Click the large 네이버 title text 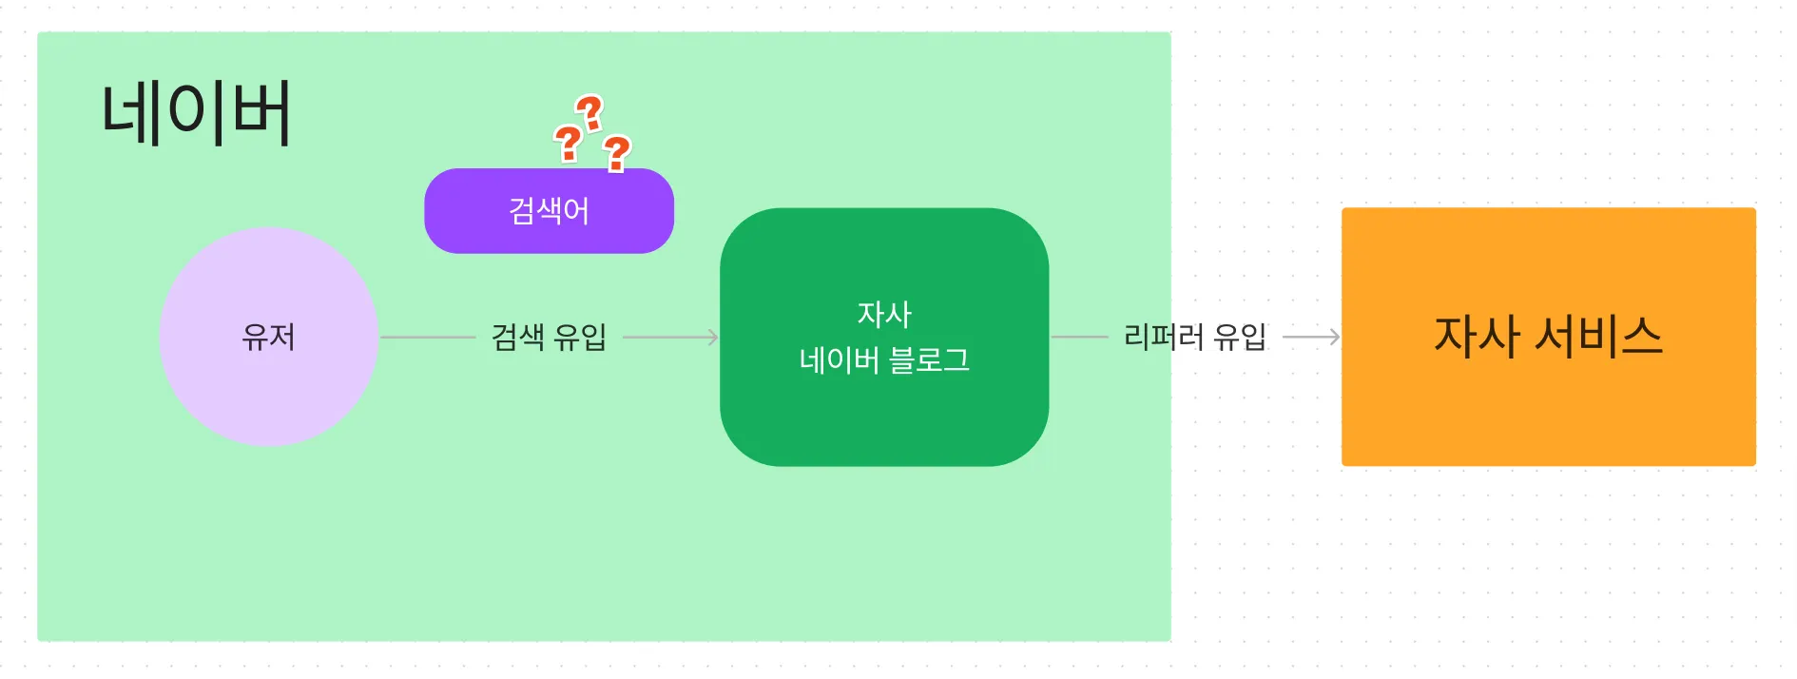coord(196,113)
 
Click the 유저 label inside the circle coord(269,337)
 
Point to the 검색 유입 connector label coord(549,337)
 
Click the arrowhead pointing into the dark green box coord(712,337)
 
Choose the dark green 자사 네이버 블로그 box coord(884,418)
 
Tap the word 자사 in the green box coord(884,314)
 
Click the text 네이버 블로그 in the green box coord(884,360)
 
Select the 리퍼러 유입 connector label coord(1194,337)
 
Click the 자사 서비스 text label coord(1548,337)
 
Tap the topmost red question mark coord(590,113)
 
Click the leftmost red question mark coord(569,144)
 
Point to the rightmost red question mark coord(617,153)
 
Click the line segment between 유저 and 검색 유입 coord(428,337)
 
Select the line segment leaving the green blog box coord(1079,337)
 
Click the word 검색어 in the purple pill coord(549,210)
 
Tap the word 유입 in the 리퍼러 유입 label coord(1240,337)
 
